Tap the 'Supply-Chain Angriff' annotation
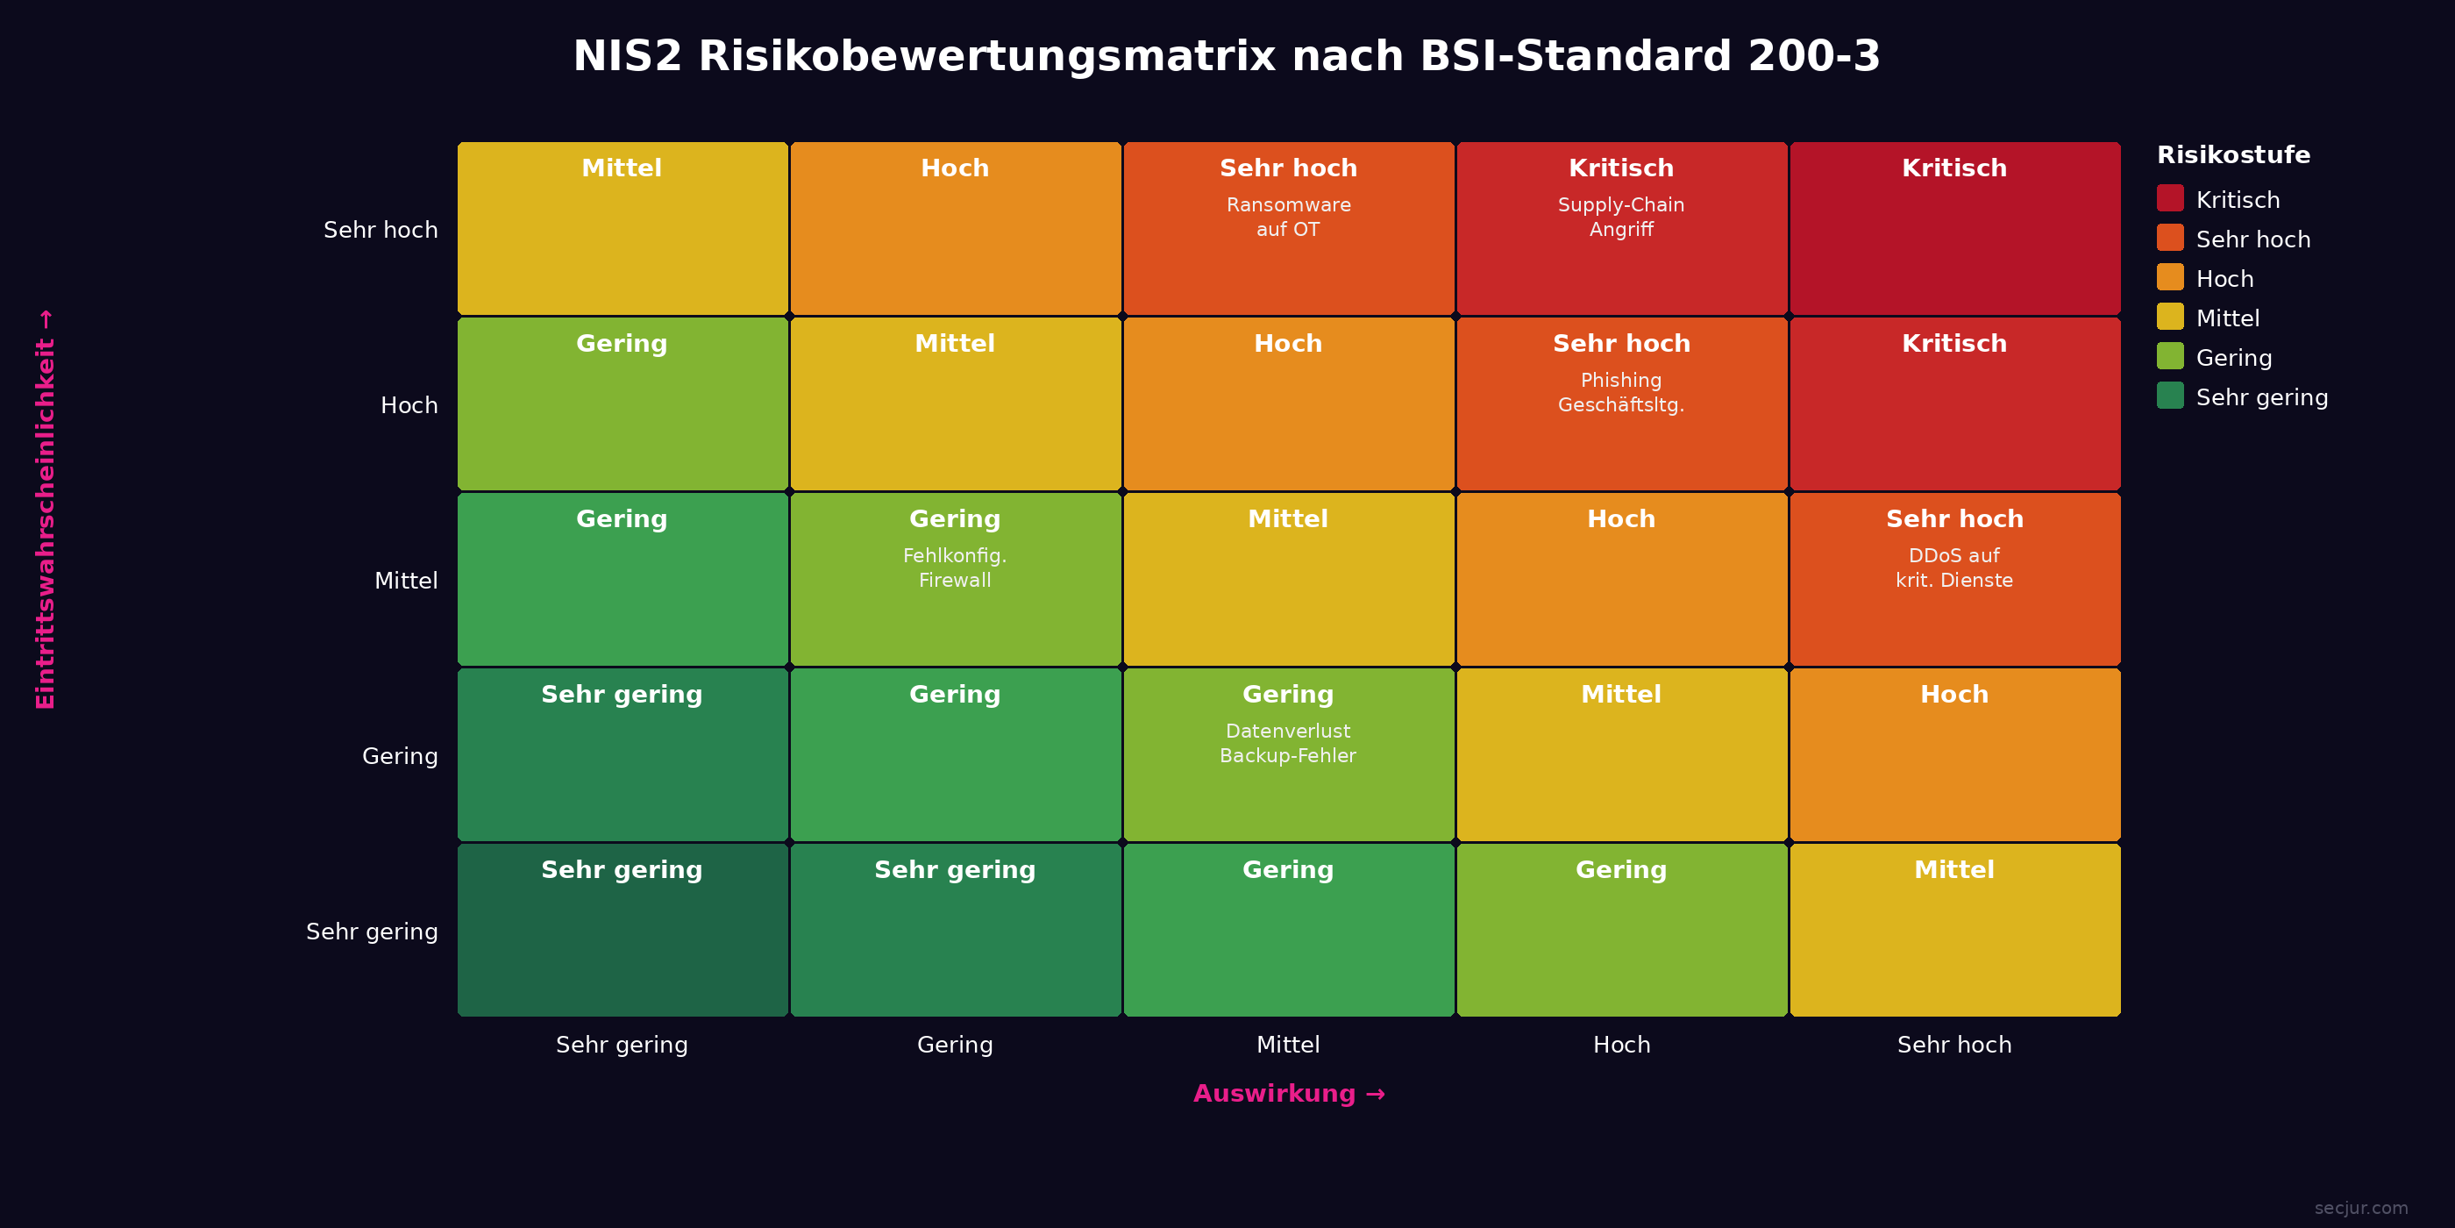[1620, 218]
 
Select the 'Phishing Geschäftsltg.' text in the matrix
[1620, 393]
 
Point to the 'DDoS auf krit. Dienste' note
[1953, 568]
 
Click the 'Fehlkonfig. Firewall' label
[954, 568]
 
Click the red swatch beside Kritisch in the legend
[2170, 198]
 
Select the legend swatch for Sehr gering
[2170, 396]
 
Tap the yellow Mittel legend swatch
[2170, 317]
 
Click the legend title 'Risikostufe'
[2233, 155]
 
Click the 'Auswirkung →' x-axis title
[1289, 1094]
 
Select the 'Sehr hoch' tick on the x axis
[1953, 1045]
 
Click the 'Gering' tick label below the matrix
[954, 1045]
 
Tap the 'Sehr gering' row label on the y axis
[372, 932]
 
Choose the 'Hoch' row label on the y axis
[409, 405]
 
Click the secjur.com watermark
[2360, 1208]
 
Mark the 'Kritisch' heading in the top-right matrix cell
[1953, 168]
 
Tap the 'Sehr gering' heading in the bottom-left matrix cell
[622, 870]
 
